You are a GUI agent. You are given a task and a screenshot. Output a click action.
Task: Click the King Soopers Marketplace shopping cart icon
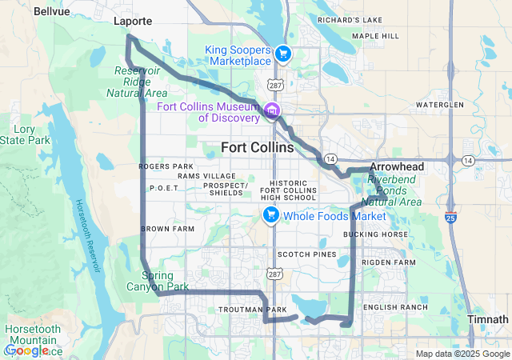pos(282,54)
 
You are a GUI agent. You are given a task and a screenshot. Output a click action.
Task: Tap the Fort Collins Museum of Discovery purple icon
pos(272,110)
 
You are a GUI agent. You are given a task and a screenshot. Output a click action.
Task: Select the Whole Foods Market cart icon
pos(271,214)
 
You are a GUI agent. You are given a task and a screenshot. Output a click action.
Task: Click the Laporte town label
pos(132,22)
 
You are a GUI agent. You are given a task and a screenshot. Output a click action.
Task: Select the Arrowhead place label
pos(397,167)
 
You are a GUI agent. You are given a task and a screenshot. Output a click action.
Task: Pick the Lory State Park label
pos(30,134)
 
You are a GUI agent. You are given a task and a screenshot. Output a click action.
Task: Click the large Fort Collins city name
pos(257,148)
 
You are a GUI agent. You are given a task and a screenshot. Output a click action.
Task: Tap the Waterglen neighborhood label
pos(439,105)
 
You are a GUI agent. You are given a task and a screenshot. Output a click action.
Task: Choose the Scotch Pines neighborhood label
pos(302,254)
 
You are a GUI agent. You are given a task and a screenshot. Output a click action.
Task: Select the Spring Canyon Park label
pos(158,281)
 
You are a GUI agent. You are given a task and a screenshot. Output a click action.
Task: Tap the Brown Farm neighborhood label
pos(167,229)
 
